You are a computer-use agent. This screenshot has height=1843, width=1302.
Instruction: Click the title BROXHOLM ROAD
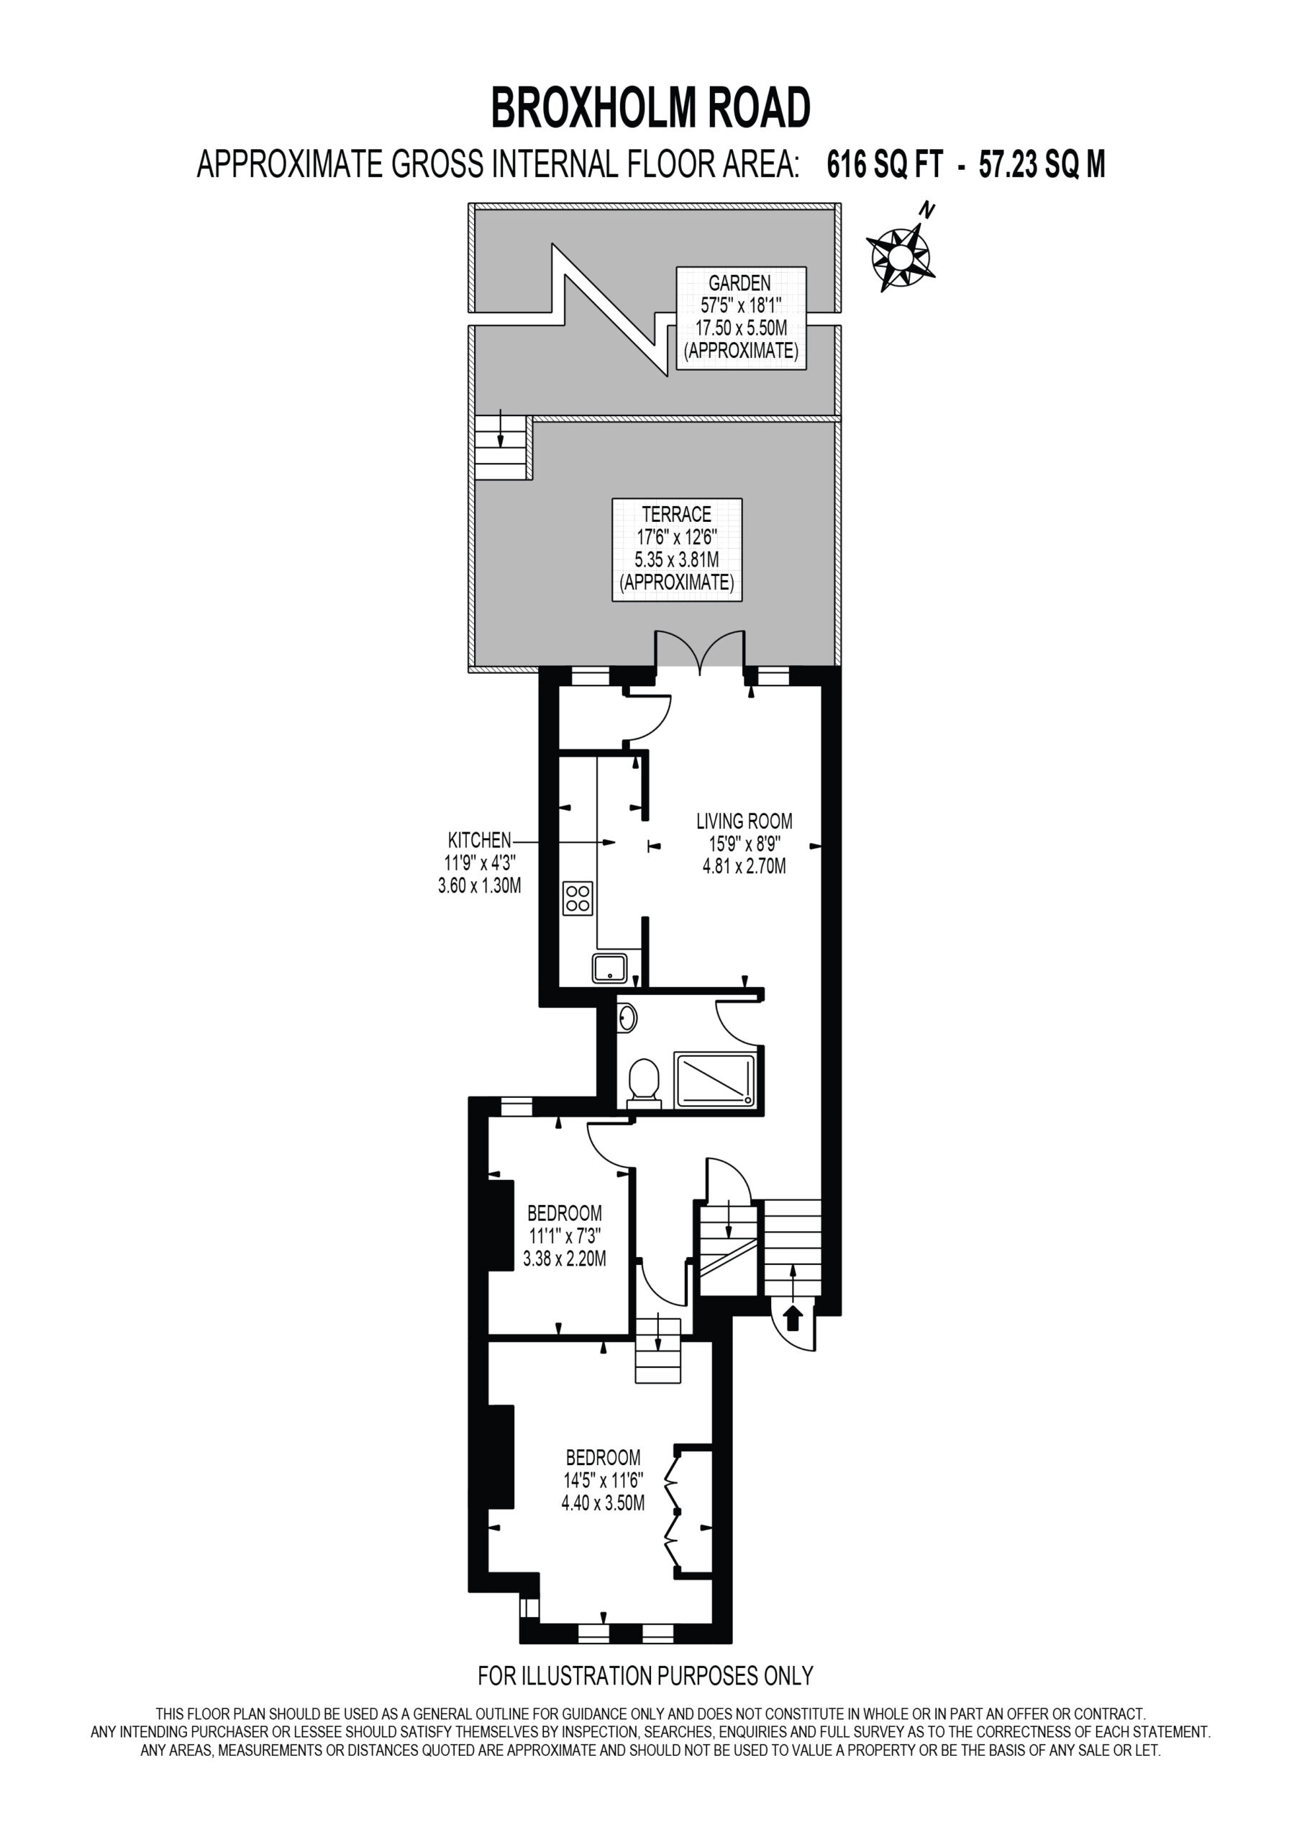[650, 109]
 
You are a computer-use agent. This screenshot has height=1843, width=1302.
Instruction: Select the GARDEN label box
[740, 318]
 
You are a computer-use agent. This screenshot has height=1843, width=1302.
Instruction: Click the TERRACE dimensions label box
[676, 550]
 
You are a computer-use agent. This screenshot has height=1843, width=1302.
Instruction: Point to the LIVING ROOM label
[744, 844]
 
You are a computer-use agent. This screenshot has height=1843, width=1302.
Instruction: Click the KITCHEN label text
[479, 840]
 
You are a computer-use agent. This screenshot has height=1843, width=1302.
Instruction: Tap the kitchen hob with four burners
[578, 898]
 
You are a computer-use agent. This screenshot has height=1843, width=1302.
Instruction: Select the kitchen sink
[610, 968]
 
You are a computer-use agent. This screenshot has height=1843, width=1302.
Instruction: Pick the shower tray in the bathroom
[715, 1080]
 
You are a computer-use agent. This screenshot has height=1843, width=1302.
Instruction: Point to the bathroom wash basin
[627, 1019]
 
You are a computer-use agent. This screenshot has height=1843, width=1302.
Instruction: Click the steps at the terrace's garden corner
[502, 447]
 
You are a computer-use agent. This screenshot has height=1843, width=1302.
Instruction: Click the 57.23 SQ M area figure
[1042, 165]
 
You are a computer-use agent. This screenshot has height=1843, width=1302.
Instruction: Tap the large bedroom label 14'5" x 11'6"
[603, 1479]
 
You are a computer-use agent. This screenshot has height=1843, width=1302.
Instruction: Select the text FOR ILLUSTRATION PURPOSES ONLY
[645, 1676]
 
